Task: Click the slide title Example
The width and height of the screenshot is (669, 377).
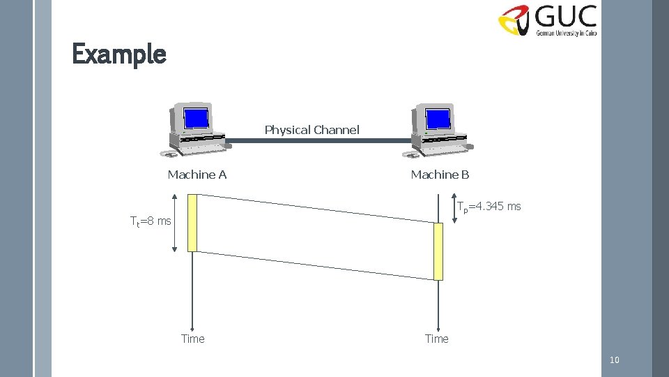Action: [119, 54]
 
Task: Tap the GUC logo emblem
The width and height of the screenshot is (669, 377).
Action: [516, 20]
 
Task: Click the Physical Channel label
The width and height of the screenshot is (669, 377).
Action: [312, 130]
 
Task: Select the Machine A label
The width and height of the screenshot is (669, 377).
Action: [197, 175]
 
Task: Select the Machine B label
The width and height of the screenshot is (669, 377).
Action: [440, 175]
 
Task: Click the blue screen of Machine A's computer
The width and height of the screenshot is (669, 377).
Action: [197, 118]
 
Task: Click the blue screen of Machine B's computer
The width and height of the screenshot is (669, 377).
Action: [438, 119]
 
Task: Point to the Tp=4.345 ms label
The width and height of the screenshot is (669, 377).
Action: [489, 207]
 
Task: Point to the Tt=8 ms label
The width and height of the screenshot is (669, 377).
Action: [151, 221]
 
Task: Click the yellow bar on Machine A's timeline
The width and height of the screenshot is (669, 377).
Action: [193, 223]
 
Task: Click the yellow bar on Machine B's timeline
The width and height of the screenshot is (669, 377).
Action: [438, 251]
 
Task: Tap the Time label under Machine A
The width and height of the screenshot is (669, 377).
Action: [193, 339]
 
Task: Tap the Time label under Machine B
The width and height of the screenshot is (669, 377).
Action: [437, 339]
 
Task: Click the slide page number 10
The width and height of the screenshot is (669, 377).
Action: [614, 360]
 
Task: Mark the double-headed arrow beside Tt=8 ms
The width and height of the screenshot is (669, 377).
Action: [174, 223]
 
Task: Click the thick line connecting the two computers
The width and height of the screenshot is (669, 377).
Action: [318, 140]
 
